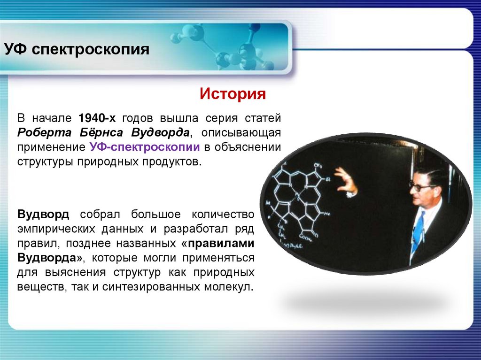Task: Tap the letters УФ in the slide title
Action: pyautogui.click(x=16, y=49)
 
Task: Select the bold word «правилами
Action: pyautogui.click(x=219, y=243)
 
